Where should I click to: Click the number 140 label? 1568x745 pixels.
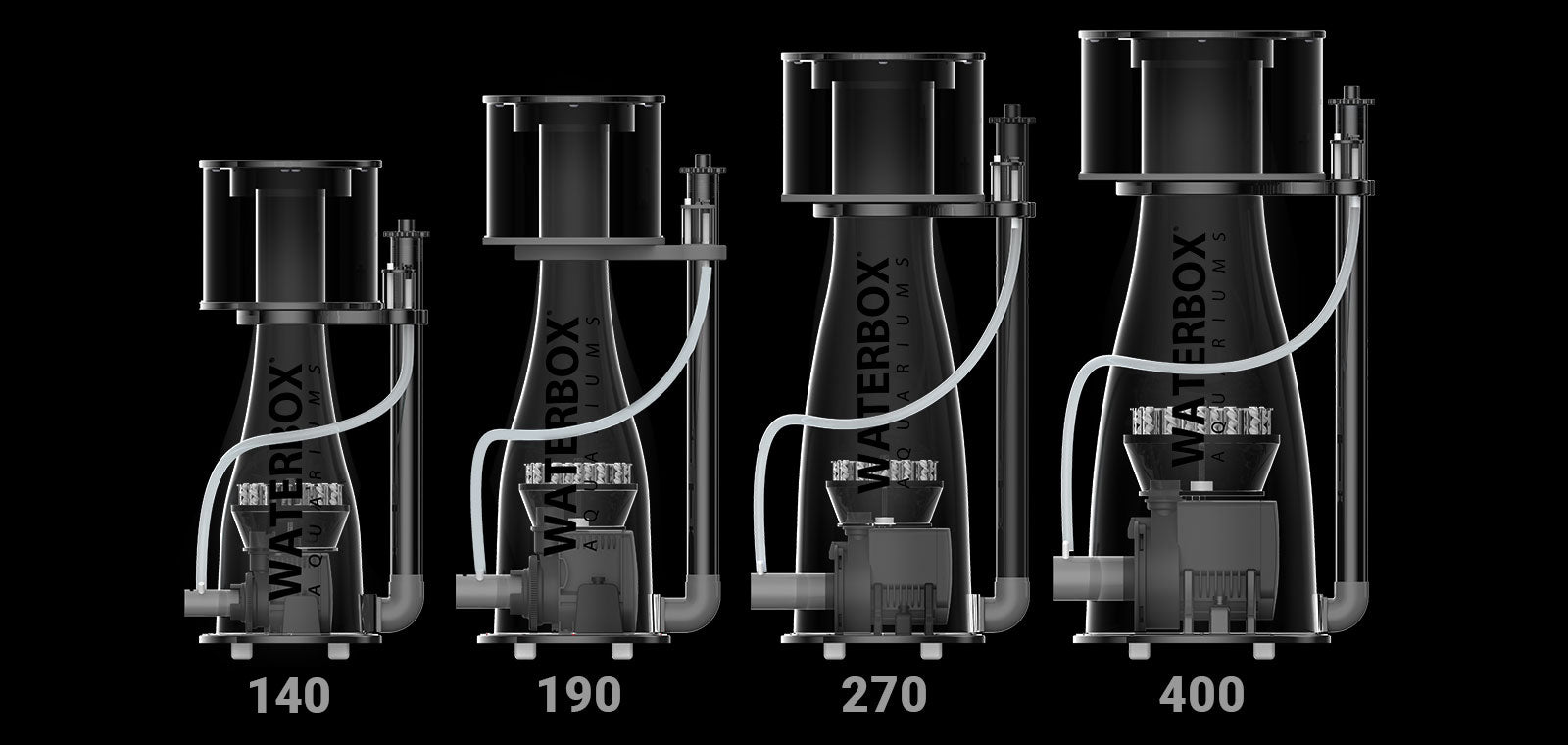[x=289, y=695]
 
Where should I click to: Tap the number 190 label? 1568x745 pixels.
[x=579, y=695]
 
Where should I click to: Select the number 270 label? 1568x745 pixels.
[x=883, y=695]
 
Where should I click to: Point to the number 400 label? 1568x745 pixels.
[x=1201, y=695]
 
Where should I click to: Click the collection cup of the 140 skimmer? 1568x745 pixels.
[x=290, y=235]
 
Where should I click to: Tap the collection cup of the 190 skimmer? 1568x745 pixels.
[x=574, y=171]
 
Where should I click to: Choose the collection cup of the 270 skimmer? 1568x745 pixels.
[x=883, y=126]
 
